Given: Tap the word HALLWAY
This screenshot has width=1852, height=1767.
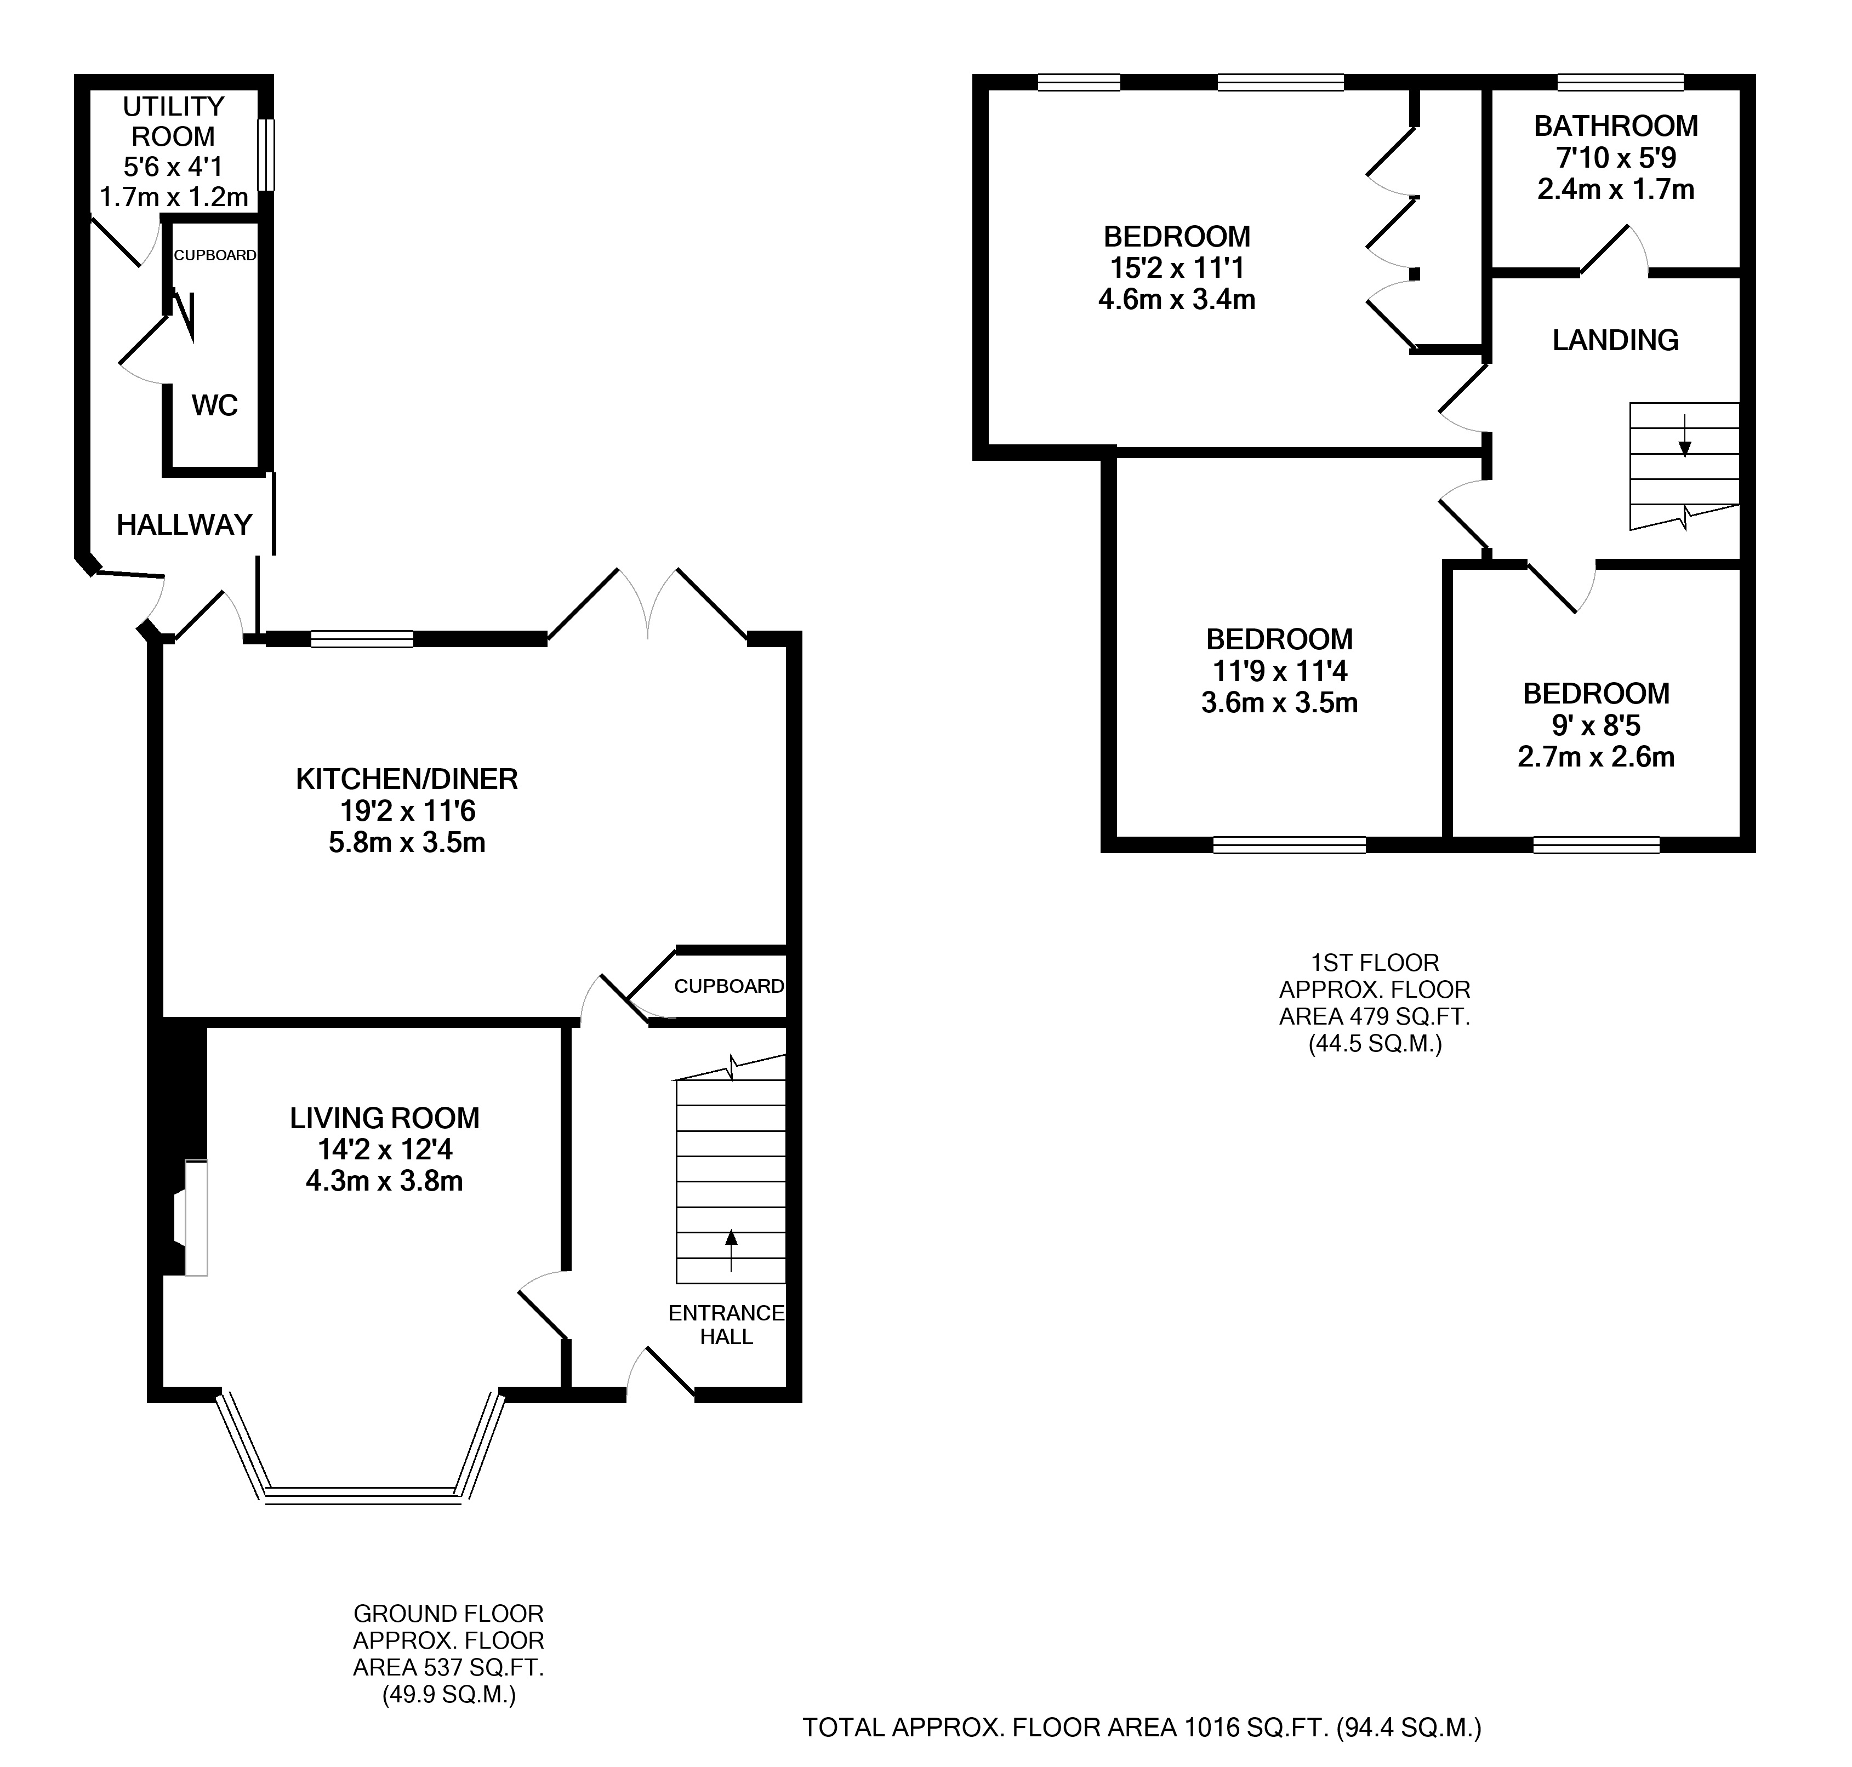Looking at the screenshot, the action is (x=185, y=525).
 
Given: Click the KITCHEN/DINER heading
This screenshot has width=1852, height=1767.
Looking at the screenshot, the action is (x=407, y=779).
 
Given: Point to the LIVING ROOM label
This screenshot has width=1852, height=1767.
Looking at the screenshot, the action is (x=384, y=1118).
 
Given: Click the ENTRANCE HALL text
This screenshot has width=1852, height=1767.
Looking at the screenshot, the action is (x=726, y=1324).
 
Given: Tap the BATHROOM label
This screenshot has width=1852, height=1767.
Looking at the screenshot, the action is (x=1616, y=125).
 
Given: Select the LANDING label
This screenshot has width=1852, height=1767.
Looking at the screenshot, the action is (x=1616, y=340).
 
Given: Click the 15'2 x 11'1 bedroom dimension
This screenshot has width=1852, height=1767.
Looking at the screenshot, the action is (x=1177, y=268).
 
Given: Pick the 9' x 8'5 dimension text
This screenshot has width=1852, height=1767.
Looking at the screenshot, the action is (x=1596, y=725).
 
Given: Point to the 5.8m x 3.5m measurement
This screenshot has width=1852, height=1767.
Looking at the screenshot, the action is (x=407, y=842).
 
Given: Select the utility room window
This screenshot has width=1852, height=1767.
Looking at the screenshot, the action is (x=266, y=155).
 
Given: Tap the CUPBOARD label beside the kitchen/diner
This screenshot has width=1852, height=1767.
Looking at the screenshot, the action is (x=729, y=986).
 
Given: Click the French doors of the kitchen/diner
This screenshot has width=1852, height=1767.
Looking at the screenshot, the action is (x=648, y=603).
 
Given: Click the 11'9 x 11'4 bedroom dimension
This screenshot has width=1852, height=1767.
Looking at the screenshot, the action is (x=1279, y=672).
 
